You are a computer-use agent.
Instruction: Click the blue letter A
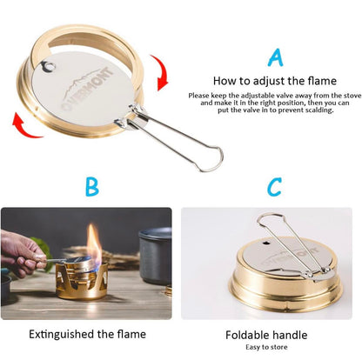[x=275, y=57]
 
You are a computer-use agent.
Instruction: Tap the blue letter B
[x=92, y=187]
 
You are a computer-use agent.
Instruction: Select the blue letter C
[x=274, y=187]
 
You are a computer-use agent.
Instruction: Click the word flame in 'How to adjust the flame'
[x=321, y=81]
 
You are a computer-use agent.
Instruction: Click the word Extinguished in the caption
[x=62, y=334]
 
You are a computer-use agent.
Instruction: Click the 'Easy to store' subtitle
[x=266, y=347]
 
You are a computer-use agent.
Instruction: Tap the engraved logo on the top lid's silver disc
[x=86, y=88]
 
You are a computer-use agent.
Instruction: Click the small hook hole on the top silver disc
[x=49, y=66]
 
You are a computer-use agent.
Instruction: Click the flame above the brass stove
[x=94, y=245]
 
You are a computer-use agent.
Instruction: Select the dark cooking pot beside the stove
[x=155, y=255]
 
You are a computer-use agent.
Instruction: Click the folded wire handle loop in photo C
[x=291, y=245]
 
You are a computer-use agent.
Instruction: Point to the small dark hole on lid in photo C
[x=265, y=243]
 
